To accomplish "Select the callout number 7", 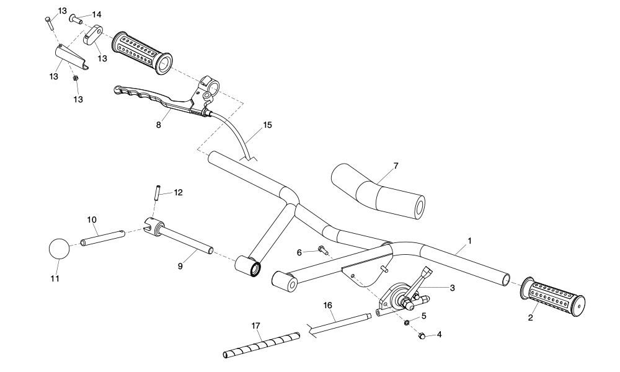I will [x=396, y=166].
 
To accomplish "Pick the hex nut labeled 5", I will [x=405, y=322].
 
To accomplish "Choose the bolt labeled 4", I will [x=420, y=336].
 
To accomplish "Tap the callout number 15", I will [x=267, y=125].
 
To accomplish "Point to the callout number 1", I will [x=469, y=239].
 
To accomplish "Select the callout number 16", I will [x=327, y=305].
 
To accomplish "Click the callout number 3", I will [x=452, y=288].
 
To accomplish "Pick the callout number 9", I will [x=180, y=267].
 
